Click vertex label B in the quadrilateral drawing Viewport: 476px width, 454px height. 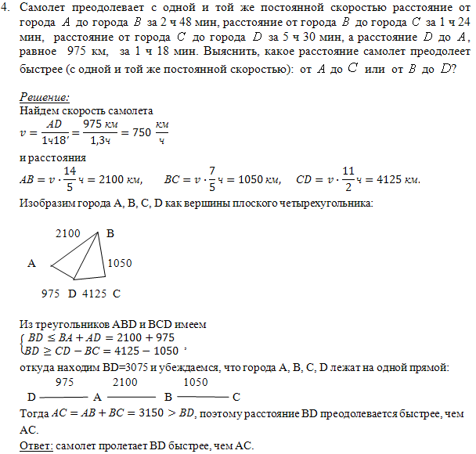click(110, 233)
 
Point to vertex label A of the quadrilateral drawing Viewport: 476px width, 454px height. click(32, 264)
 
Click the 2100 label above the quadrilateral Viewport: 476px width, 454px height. click(69, 233)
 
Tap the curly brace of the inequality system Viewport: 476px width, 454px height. click(22, 342)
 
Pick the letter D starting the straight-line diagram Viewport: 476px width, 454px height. click(31, 396)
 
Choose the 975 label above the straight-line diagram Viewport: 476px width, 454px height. click(66, 383)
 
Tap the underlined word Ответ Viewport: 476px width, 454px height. click(34, 445)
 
